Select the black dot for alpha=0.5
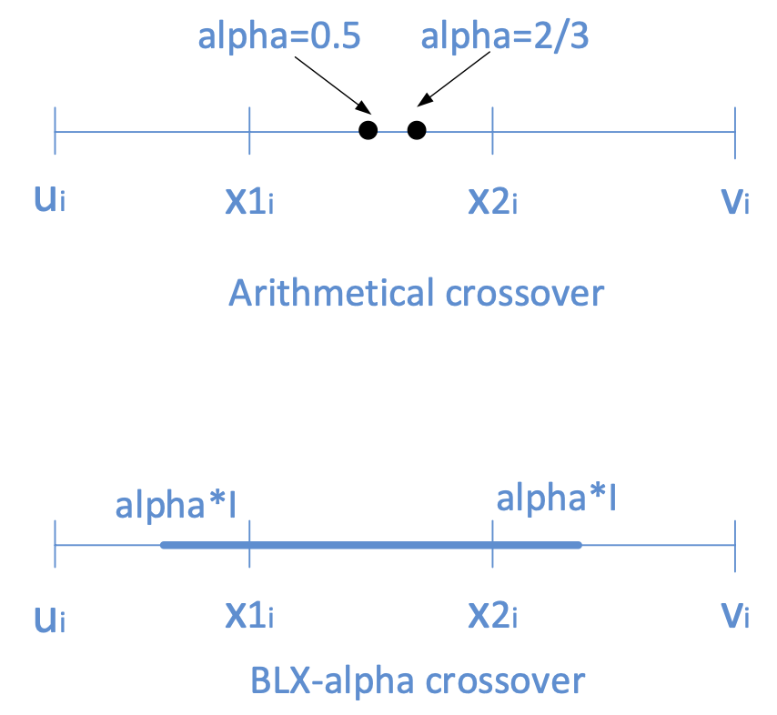click(x=368, y=131)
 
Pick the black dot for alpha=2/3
click(x=417, y=131)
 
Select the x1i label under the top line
click(x=249, y=201)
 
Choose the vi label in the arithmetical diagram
click(x=734, y=200)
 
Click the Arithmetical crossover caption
click(x=416, y=294)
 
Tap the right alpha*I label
click(x=557, y=498)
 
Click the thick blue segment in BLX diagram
click(x=370, y=546)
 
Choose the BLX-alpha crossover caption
click(x=416, y=680)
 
